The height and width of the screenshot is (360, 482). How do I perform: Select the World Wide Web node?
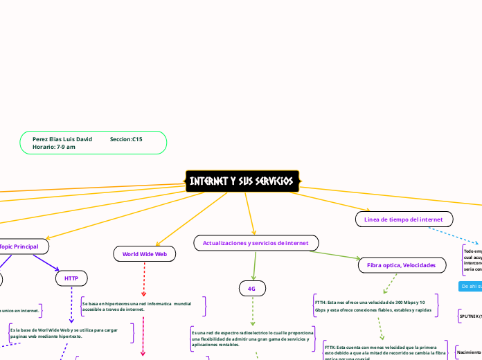point(144,254)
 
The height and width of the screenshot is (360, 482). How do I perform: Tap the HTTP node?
point(71,278)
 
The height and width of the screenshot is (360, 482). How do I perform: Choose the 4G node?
point(251,288)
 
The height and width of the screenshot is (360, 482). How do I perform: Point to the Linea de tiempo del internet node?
point(404,219)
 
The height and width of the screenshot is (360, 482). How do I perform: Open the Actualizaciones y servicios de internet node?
point(256,243)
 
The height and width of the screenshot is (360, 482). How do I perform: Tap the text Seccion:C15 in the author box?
point(126,139)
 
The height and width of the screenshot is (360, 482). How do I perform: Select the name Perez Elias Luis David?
point(62,139)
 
